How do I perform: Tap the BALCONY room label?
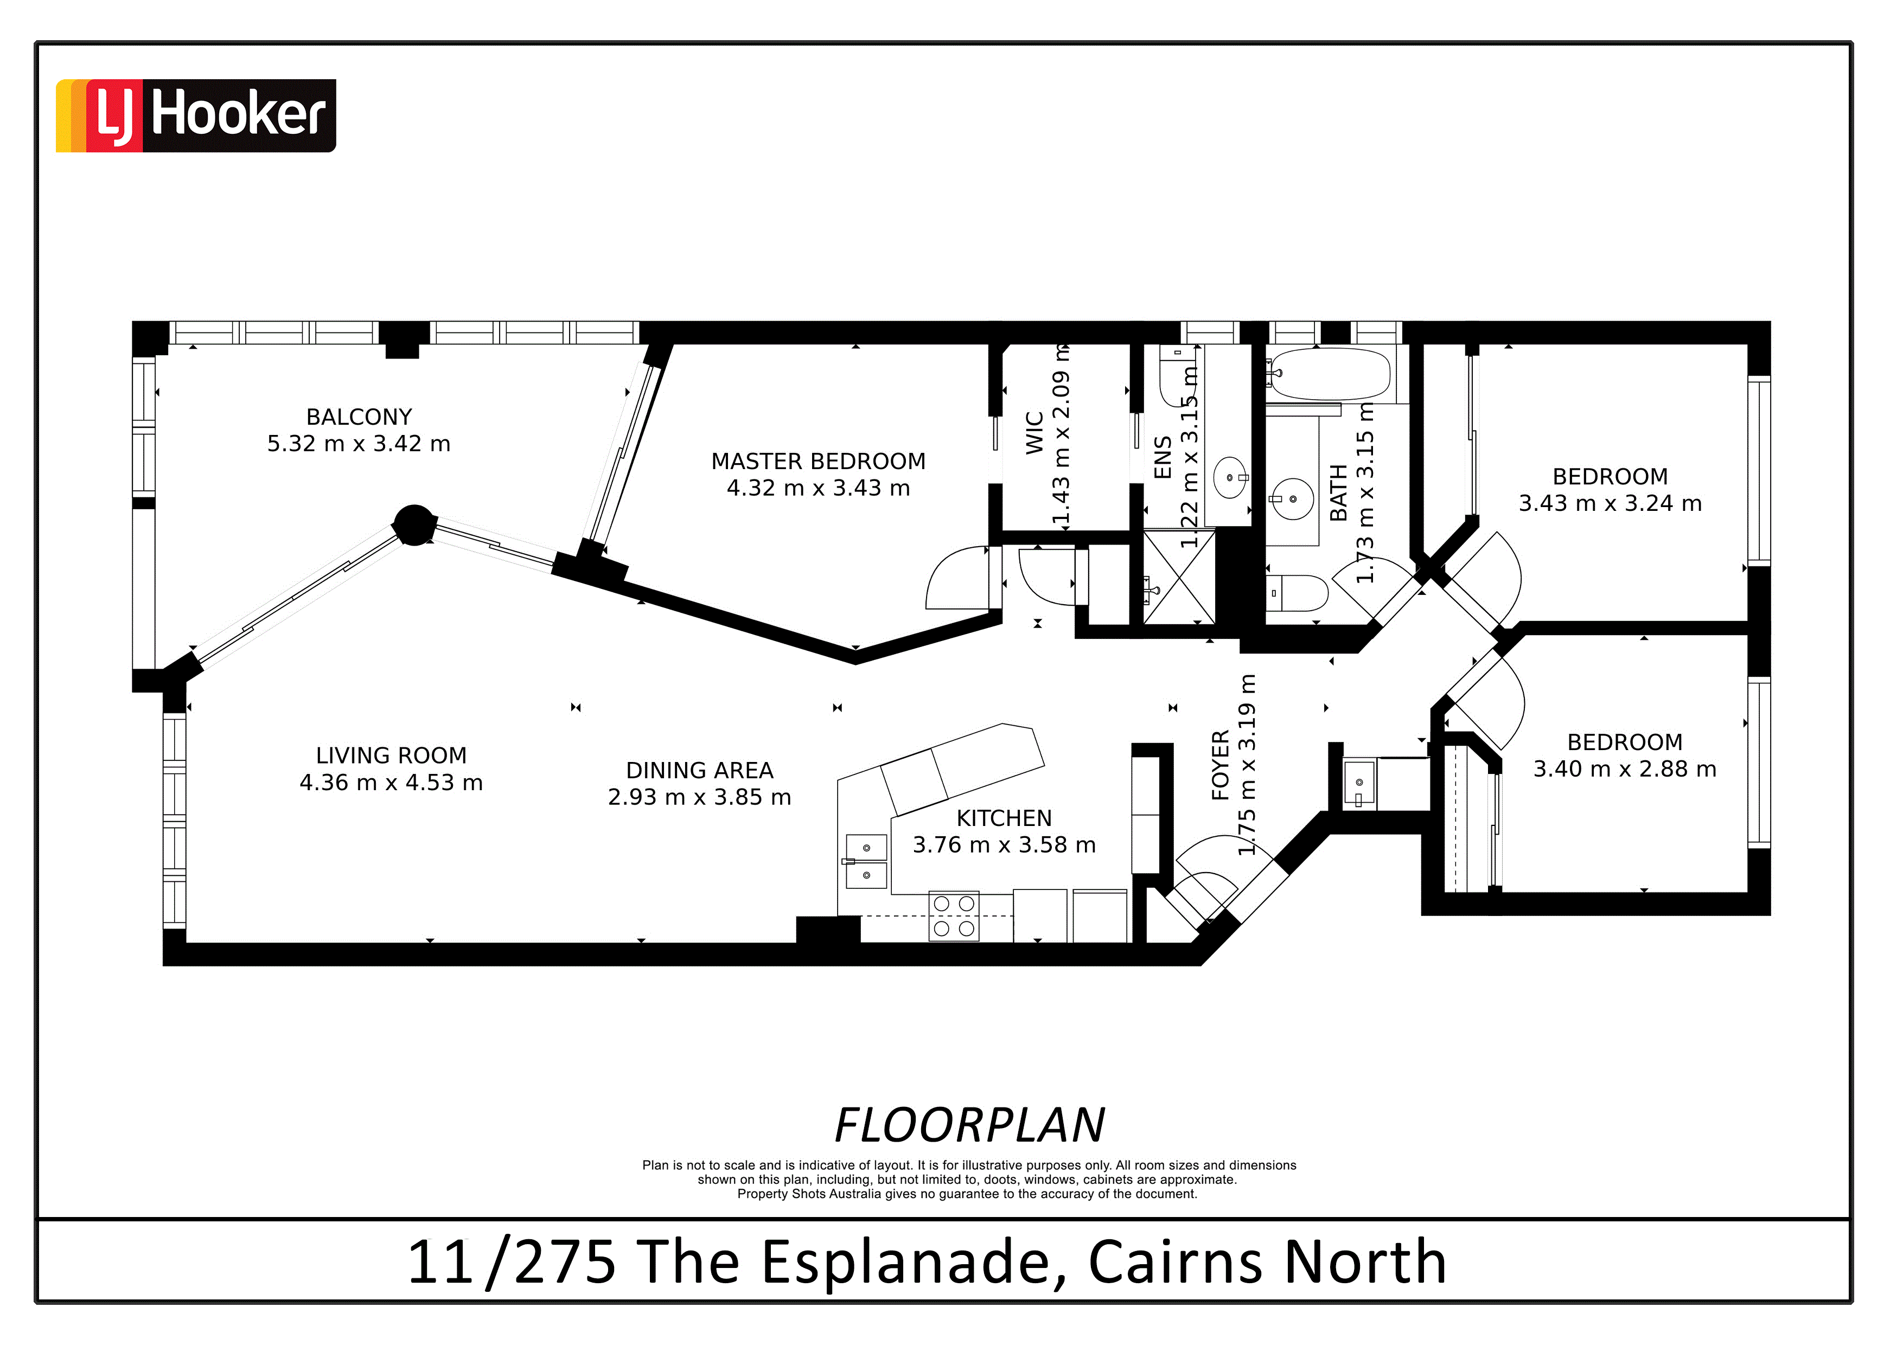[359, 417]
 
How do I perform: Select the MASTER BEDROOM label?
[818, 461]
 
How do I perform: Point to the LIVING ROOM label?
[391, 756]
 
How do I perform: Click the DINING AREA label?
[700, 771]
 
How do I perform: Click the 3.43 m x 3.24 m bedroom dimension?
[1610, 503]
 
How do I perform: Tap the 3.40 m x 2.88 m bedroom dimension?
[1625, 769]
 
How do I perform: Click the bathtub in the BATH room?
[1330, 374]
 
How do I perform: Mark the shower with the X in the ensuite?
[1179, 578]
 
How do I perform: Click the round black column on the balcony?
[413, 524]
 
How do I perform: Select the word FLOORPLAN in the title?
[970, 1125]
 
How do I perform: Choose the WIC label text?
[1034, 433]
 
